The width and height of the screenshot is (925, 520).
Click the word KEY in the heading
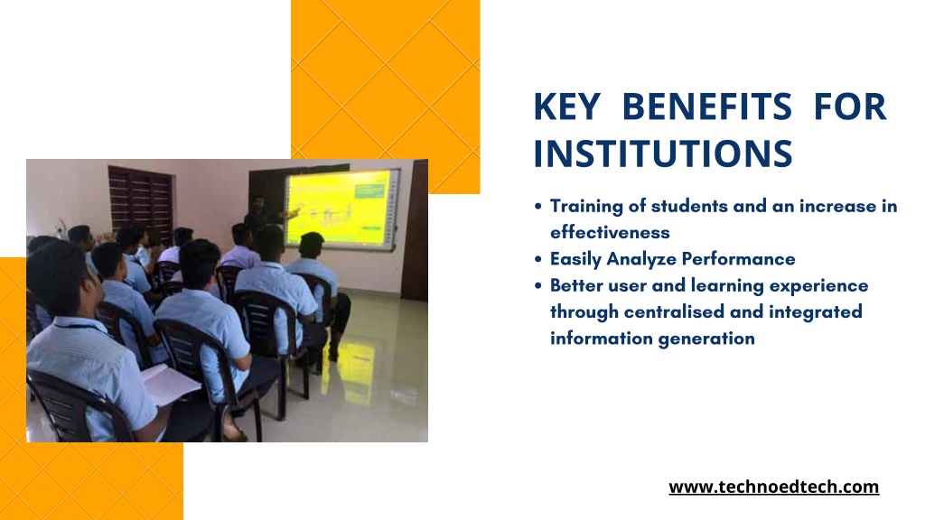(567, 107)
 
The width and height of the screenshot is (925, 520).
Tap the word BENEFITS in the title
(706, 107)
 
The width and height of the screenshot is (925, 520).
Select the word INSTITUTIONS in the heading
(662, 153)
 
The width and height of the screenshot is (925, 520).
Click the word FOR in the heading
(850, 107)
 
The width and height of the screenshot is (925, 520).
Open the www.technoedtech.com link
(773, 487)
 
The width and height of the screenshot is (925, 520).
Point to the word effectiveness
(610, 232)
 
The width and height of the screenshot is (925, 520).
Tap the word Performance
(738, 259)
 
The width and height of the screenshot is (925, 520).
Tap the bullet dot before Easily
(538, 259)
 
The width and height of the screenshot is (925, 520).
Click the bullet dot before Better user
(538, 286)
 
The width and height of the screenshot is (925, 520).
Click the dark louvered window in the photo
(140, 200)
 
